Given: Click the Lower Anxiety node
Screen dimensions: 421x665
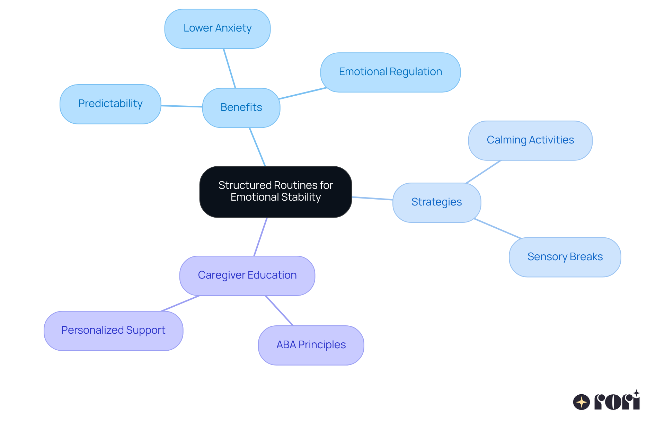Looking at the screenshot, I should pos(217,28).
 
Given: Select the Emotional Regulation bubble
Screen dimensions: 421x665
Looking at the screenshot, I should pos(390,72).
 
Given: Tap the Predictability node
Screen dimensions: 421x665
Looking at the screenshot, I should pos(110,104).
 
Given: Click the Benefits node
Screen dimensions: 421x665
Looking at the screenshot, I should pos(241,107).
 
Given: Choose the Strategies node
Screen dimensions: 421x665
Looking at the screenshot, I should pos(436,202).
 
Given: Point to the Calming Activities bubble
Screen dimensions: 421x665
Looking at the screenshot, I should pos(530,140).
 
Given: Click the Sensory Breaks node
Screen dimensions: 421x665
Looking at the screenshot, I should pos(565,257).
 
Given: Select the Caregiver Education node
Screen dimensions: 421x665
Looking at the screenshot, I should pos(247,275).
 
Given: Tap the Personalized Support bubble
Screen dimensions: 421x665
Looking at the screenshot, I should pos(113,331).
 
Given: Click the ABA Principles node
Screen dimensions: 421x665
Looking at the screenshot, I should pos(311,345).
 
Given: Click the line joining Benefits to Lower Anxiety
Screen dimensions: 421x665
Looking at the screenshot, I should pos(230,68).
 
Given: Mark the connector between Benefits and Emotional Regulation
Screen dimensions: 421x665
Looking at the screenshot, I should pos(303,94).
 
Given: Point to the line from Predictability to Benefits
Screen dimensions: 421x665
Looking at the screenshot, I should pos(182,106).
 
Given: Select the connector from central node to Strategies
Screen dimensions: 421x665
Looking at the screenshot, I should pos(372,199).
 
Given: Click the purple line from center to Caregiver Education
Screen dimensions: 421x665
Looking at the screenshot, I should pos(260,237).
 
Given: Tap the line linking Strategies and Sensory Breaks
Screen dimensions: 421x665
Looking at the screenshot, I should pos(497,228).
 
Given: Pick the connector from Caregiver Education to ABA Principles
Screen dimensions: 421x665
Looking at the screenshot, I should pos(279,310).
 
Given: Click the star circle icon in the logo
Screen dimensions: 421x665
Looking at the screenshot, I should pos(581,402).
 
